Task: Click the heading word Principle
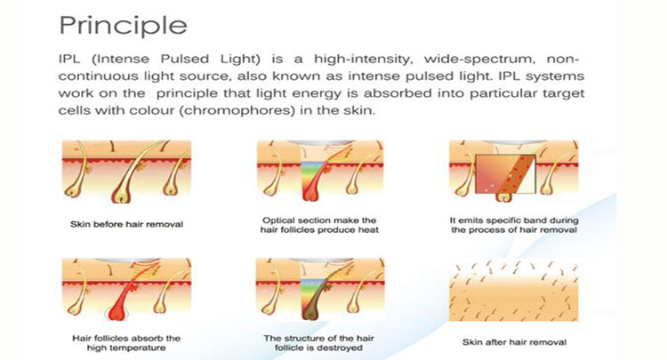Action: [123, 27]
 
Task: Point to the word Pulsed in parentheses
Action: [185, 59]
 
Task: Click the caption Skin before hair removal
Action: [127, 224]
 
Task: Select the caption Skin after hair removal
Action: [514, 342]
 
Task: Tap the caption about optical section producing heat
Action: [319, 225]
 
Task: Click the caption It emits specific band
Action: [514, 225]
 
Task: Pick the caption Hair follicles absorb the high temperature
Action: [126, 343]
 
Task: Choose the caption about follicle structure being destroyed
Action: [318, 343]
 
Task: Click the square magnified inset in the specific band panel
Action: [505, 174]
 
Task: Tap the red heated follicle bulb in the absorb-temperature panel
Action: [116, 312]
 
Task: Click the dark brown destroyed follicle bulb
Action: [310, 312]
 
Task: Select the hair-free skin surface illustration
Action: [513, 291]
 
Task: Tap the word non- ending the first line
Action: [562, 59]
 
